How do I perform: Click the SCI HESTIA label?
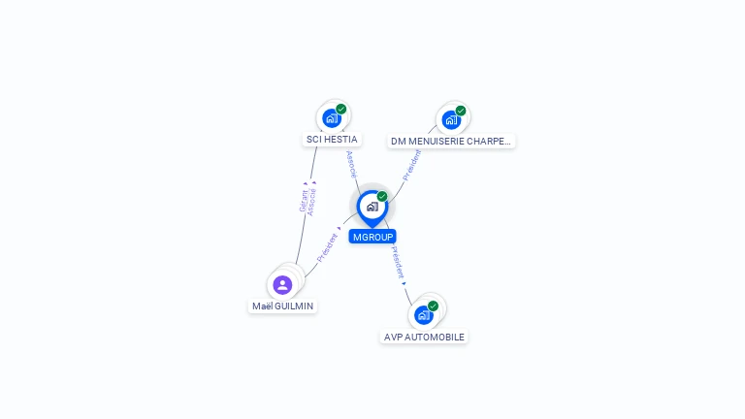[x=332, y=140]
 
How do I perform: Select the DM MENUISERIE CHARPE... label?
[x=451, y=142]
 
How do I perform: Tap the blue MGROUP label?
[x=372, y=237]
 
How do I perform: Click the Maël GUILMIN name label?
[x=282, y=306]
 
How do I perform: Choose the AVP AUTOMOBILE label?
[x=424, y=338]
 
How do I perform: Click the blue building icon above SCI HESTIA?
[x=332, y=118]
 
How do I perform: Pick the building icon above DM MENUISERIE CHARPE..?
[x=451, y=120]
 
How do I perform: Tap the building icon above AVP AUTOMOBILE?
[x=423, y=315]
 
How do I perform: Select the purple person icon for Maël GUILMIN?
[x=282, y=284]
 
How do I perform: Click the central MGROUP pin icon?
[x=372, y=207]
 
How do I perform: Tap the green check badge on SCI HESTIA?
[x=341, y=109]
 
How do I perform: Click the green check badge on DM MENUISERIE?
[x=461, y=111]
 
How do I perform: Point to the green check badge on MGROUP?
[x=382, y=196]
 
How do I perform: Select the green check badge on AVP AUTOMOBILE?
[x=433, y=306]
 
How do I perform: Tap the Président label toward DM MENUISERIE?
[x=412, y=166]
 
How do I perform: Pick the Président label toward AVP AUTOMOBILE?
[x=397, y=261]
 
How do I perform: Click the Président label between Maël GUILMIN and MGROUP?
[x=327, y=246]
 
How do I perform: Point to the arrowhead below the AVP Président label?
[x=404, y=283]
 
